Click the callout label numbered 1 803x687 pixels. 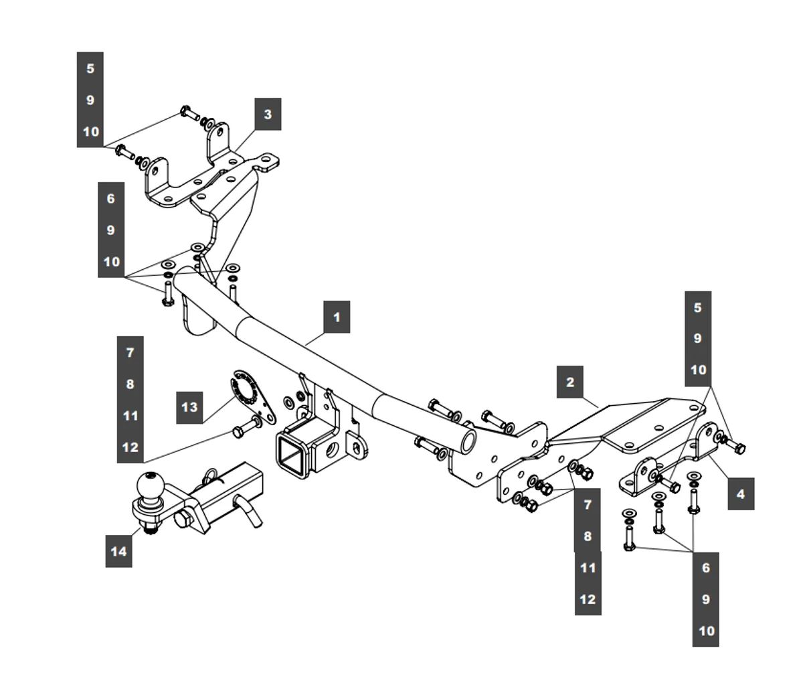pyautogui.click(x=337, y=316)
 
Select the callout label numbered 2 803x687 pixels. pyautogui.click(x=569, y=382)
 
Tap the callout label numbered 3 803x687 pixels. pyautogui.click(x=268, y=114)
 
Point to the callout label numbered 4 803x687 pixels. pyautogui.click(x=740, y=494)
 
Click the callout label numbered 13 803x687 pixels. pyautogui.click(x=189, y=406)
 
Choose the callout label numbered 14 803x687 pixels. pyautogui.click(x=118, y=551)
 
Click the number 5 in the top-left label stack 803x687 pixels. pyautogui.click(x=90, y=68)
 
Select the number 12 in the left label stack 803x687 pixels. pyautogui.click(x=130, y=447)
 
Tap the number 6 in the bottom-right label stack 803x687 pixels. pyautogui.click(x=706, y=568)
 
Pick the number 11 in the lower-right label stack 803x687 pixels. pyautogui.click(x=588, y=568)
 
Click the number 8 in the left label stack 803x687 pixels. pyautogui.click(x=130, y=384)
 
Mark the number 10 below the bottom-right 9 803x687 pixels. pyautogui.click(x=706, y=631)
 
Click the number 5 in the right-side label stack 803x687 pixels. pyautogui.click(x=698, y=307)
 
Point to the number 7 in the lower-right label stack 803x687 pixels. pyautogui.click(x=588, y=504)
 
